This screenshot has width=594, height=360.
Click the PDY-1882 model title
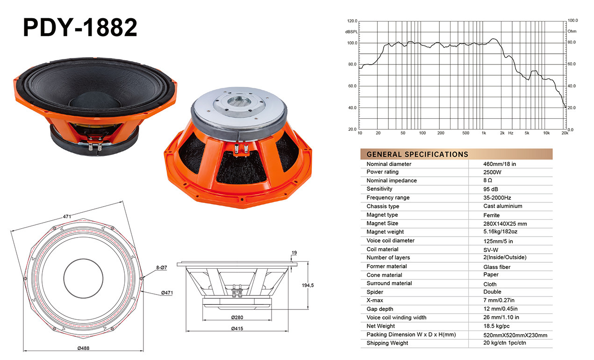(x=80, y=27)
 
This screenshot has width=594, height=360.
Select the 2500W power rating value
(x=492, y=172)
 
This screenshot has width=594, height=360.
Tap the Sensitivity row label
(x=379, y=189)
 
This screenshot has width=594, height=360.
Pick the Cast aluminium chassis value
(x=502, y=206)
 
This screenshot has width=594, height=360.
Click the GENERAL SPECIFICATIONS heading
(x=417, y=154)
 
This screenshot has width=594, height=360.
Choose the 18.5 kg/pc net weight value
(x=496, y=326)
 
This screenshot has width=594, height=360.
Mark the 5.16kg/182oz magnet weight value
(x=500, y=231)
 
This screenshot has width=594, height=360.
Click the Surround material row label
(x=389, y=283)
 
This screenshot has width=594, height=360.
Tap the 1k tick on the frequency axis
(x=484, y=133)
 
